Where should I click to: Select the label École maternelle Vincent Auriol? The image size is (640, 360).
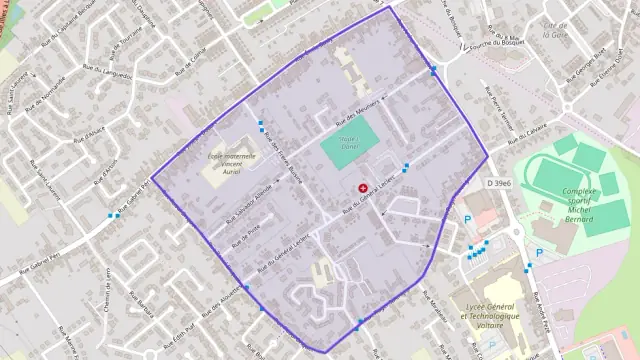pos(232,163)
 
